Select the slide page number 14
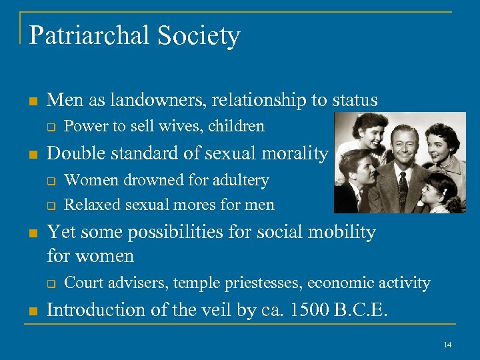447,344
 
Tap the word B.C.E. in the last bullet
364,310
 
